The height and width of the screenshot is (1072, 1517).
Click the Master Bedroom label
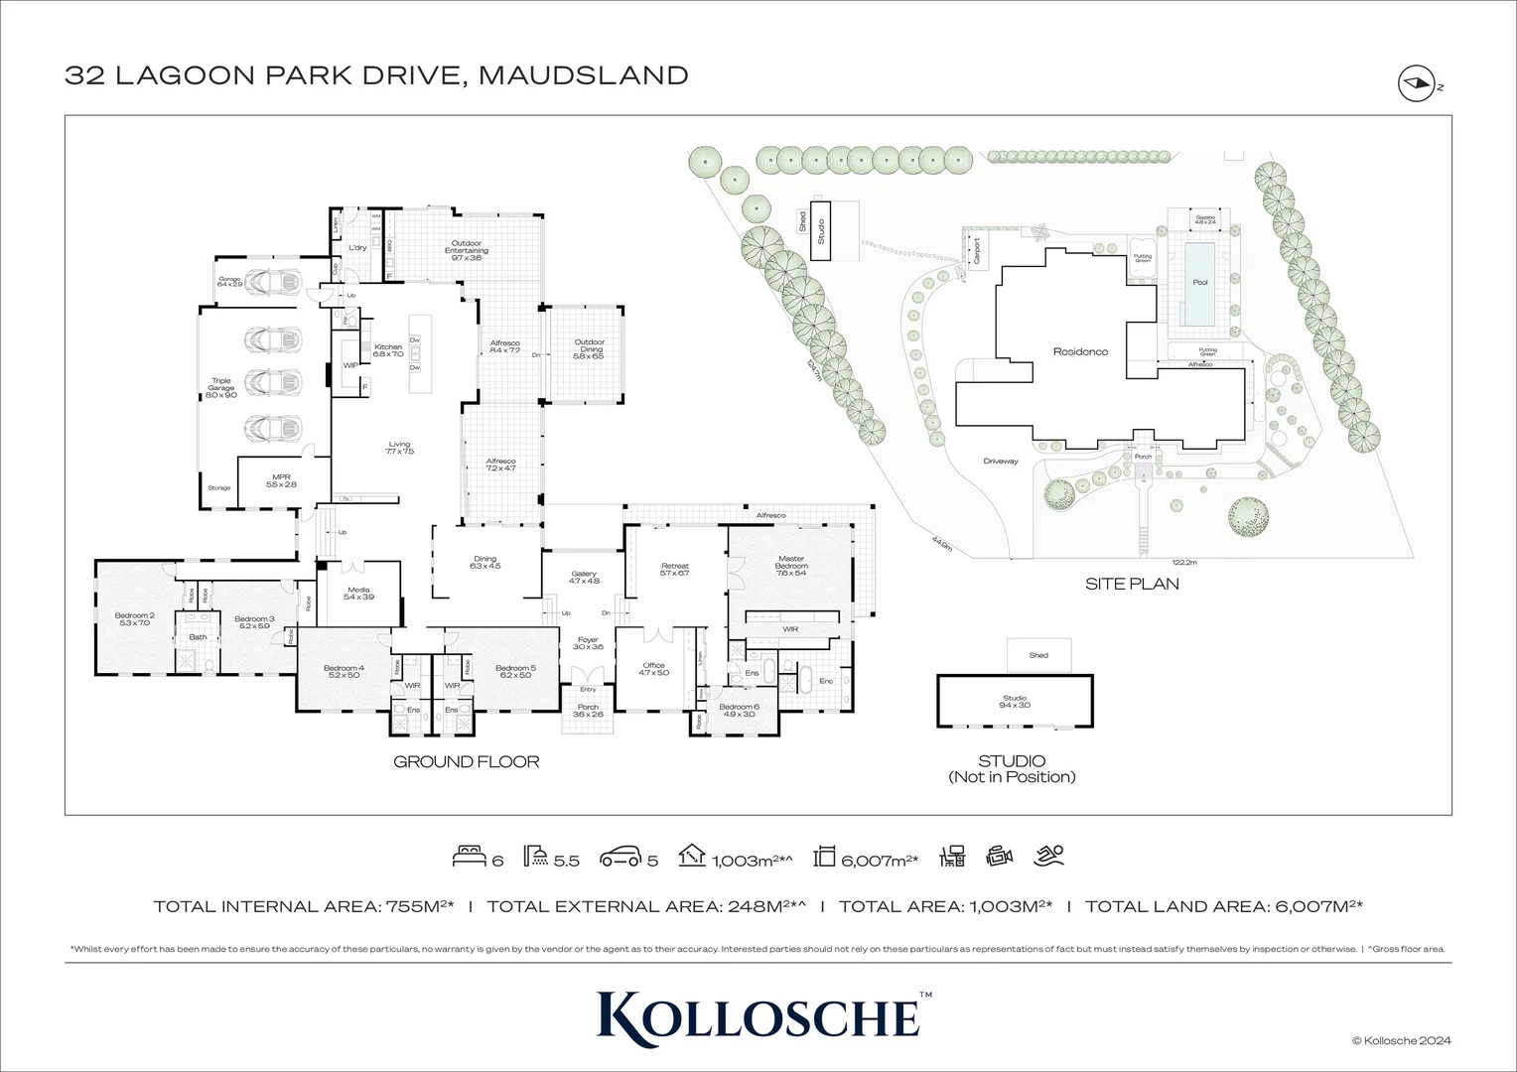790,563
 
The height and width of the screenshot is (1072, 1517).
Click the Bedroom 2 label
134,618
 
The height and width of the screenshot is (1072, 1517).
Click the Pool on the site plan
1200,282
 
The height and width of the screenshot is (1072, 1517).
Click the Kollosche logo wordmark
758,1014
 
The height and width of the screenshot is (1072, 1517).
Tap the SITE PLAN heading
1132,584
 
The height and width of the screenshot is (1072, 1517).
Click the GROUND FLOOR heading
466,762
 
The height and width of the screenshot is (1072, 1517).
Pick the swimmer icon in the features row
1048,856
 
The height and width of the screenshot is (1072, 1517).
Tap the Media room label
358,593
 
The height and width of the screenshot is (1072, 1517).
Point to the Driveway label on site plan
1001,462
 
